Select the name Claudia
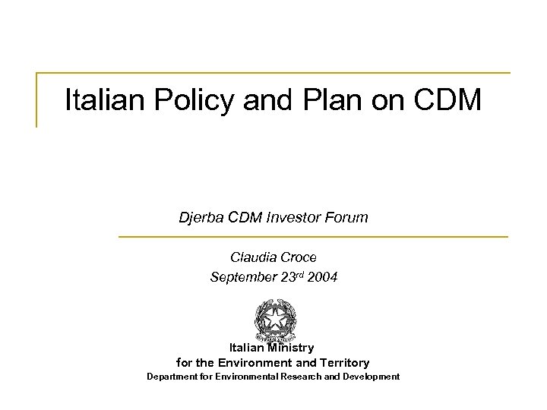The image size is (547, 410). [252, 257]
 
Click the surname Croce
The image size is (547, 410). [299, 257]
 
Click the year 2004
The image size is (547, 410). [322, 277]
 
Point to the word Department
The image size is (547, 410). [174, 377]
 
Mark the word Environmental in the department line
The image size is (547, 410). [246, 377]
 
